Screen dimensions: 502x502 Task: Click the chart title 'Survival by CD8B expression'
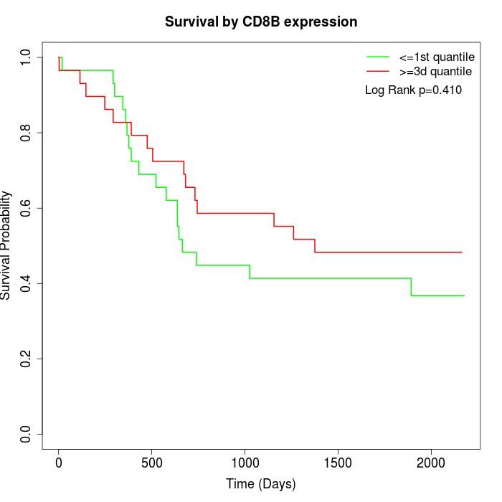point(261,22)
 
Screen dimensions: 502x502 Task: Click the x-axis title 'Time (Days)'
point(260,484)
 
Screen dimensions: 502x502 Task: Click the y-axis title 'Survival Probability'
point(6,245)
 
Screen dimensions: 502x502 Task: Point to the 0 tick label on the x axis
point(59,463)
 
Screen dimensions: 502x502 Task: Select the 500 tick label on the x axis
point(152,463)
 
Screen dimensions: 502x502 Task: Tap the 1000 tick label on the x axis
point(245,463)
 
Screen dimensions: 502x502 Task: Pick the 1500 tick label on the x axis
point(338,463)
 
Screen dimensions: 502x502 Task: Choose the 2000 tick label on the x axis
point(431,463)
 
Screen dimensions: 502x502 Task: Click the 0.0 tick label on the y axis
point(27,434)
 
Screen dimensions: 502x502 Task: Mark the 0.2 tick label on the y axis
point(27,359)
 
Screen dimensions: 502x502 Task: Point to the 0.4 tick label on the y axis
point(27,283)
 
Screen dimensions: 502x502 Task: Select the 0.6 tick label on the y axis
point(27,208)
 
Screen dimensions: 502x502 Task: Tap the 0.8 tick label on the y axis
point(27,133)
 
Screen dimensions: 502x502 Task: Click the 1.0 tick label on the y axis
point(27,57)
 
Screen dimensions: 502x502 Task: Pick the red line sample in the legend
point(378,71)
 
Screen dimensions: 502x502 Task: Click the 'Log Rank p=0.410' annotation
point(413,90)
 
